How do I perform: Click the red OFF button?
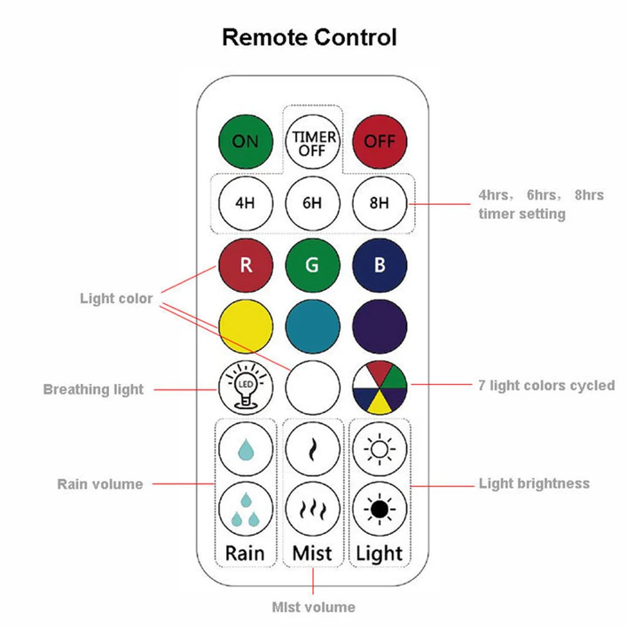pos(379,142)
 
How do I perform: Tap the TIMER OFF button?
pos(313,142)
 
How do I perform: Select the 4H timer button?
pos(246,204)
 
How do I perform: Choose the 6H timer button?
pos(313,204)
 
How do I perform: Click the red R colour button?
pos(246,265)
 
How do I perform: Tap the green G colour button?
pos(313,265)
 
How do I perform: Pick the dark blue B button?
pos(379,265)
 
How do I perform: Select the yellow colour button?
pos(246,326)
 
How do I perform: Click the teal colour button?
pos(313,326)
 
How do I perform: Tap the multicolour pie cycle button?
pos(379,387)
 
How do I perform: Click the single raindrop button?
pos(246,449)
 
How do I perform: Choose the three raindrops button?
pos(246,509)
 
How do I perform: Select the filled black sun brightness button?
pos(379,509)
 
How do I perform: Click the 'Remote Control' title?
pos(309,37)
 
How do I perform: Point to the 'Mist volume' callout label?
pos(313,607)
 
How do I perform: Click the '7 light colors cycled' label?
pos(547,386)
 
